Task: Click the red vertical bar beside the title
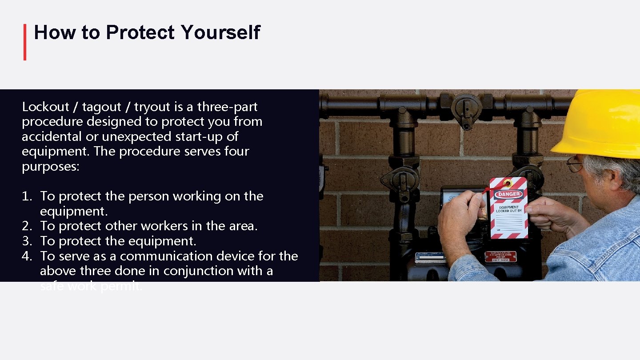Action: [x=25, y=42]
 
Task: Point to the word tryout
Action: [x=152, y=107]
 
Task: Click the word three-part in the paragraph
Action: [x=227, y=107]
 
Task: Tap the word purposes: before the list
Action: [x=50, y=166]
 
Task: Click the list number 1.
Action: [x=26, y=196]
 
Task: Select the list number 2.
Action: [x=26, y=226]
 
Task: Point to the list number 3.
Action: [x=26, y=241]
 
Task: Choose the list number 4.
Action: [x=26, y=256]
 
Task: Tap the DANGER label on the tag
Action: [x=509, y=194]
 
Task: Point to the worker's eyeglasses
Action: [x=575, y=164]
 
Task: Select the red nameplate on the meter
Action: [x=500, y=256]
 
